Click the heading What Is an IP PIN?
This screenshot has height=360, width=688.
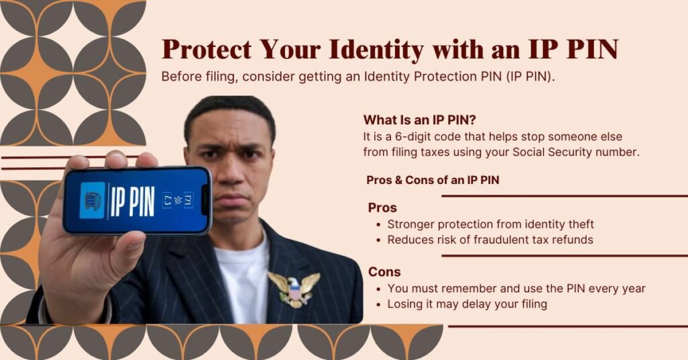[x=419, y=120]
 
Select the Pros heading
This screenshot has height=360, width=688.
[x=382, y=208]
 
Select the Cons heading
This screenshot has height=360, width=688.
[x=384, y=272]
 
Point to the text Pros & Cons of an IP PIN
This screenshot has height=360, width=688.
[x=433, y=180]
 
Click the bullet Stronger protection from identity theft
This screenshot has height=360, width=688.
[x=490, y=224]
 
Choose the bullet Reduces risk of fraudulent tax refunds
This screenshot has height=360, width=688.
[x=490, y=239]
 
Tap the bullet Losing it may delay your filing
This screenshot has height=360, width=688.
[x=467, y=304]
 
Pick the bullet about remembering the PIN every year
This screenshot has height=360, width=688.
[x=516, y=288]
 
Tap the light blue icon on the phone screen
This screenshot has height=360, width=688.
[x=92, y=200]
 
